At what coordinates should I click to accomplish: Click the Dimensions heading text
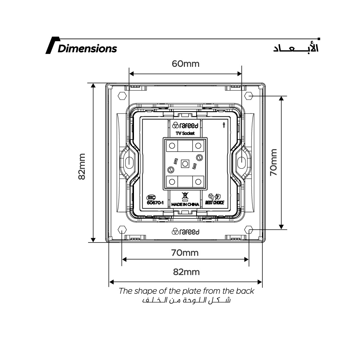coord(87,49)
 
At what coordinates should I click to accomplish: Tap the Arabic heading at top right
coord(296,49)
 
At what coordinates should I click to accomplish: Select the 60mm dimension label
coord(186,64)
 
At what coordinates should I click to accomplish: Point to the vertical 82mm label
coord(82,166)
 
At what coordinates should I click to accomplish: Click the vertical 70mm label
coord(273,162)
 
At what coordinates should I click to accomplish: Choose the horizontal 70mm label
coord(185,252)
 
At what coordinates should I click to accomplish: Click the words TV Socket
coord(185,133)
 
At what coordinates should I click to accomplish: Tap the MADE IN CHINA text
coord(185,204)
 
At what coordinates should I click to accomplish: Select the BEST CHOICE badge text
coord(215,203)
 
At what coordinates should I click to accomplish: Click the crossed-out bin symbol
coord(185,196)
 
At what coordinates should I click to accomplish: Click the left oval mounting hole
coord(129,163)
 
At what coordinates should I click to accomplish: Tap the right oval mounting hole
coord(241,163)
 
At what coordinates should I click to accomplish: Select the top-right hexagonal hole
coord(249,96)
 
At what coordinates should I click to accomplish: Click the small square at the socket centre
coord(185,164)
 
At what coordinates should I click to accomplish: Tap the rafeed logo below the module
coord(186,232)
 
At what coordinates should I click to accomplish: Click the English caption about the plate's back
coord(186,291)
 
